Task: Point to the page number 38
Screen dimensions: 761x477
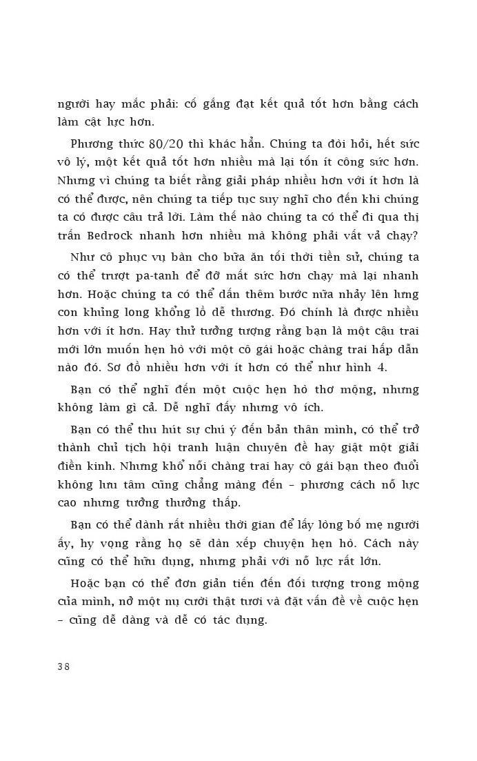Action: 63,666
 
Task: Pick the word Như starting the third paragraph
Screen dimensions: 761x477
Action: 82,259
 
